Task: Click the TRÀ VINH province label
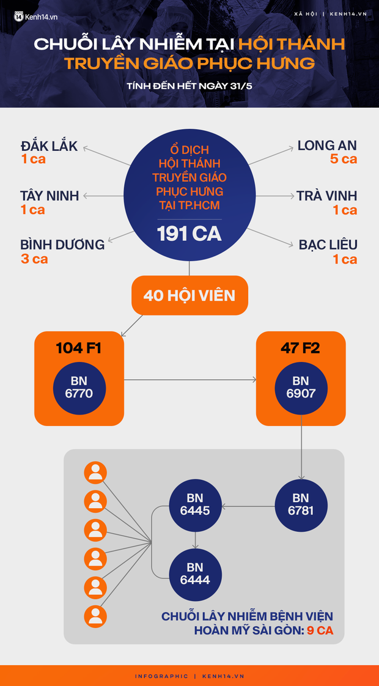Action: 327,196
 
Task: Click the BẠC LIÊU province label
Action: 328,245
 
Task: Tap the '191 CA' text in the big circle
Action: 189,234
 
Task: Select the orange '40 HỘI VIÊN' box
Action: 189,295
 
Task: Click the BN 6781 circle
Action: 301,504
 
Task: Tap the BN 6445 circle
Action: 195,504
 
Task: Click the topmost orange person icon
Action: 95,473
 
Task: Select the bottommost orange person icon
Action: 95,616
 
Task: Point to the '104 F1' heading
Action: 79,349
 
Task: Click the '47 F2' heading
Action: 301,349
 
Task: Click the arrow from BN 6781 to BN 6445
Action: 248,506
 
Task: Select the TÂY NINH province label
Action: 50,196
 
